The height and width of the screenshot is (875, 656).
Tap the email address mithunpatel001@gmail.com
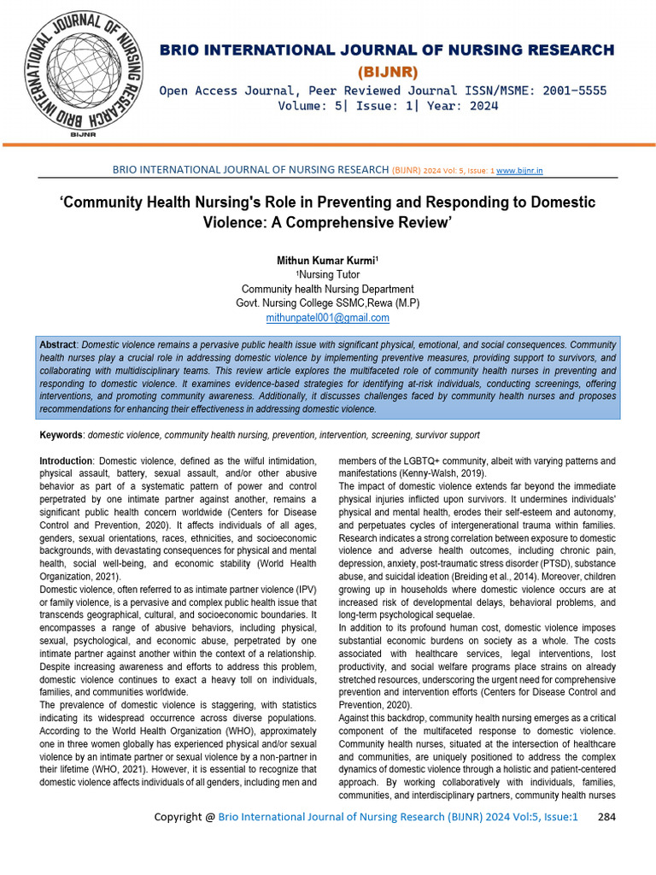point(328,318)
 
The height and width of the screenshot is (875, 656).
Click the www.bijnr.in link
point(519,170)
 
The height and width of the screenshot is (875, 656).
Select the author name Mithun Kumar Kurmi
point(326,260)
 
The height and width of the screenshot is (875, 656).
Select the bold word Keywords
point(61,435)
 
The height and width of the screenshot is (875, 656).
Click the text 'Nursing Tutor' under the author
point(328,275)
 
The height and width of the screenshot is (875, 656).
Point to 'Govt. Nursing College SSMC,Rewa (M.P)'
point(328,303)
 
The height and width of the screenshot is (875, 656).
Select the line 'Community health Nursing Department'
point(328,289)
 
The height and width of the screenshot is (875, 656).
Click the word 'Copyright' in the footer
point(178,817)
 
